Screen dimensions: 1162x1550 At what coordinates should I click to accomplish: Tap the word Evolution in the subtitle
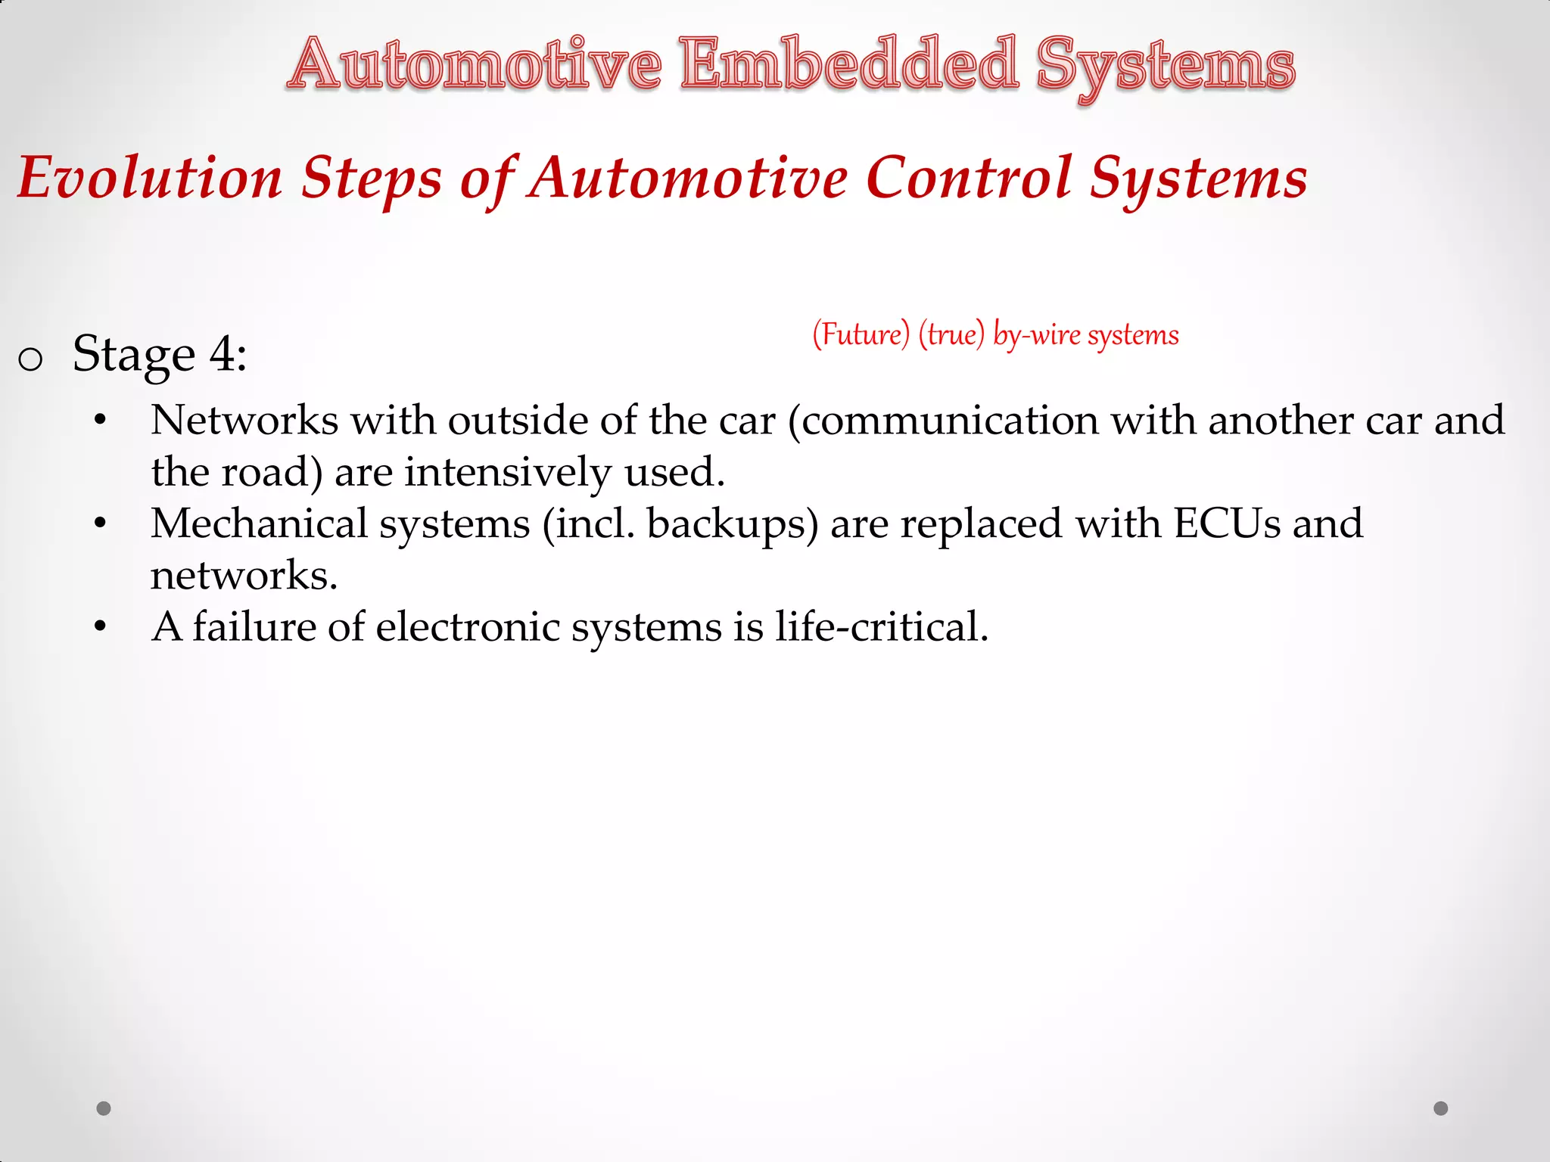pos(150,179)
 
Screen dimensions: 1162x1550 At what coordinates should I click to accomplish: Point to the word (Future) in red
pos(861,334)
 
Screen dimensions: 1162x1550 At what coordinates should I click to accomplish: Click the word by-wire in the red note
pos(1036,334)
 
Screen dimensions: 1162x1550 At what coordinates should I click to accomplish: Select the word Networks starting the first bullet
pos(244,421)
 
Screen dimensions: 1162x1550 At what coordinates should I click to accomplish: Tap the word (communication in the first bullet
pos(942,421)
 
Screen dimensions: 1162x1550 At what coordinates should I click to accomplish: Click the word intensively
pos(507,472)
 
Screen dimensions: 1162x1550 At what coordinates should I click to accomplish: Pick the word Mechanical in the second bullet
pos(259,524)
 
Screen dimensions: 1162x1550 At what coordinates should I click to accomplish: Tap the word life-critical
pos(882,626)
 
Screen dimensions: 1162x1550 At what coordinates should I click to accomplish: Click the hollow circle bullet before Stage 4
pos(30,359)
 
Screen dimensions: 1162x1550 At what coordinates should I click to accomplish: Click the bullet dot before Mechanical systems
pos(101,524)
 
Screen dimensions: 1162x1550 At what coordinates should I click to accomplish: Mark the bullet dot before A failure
pos(101,626)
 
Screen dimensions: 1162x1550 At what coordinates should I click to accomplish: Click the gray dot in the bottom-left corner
pos(104,1108)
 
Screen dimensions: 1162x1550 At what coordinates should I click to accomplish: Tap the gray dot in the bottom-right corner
pos(1441,1108)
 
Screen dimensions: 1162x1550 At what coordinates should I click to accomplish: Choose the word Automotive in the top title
pos(474,65)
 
